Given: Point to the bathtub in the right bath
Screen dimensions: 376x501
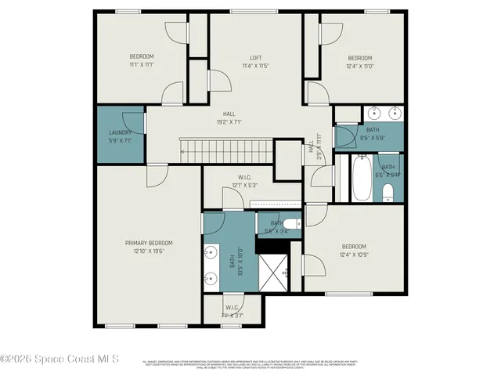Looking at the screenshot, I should click(x=362, y=179).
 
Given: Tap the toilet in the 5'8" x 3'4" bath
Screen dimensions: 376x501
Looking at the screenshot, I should click(x=288, y=223).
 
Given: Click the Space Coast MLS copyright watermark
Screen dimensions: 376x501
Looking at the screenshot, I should click(x=59, y=360).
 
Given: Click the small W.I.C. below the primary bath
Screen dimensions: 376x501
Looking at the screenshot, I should click(x=232, y=311).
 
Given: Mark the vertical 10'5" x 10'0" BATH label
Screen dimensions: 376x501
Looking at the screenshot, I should click(x=232, y=259).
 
